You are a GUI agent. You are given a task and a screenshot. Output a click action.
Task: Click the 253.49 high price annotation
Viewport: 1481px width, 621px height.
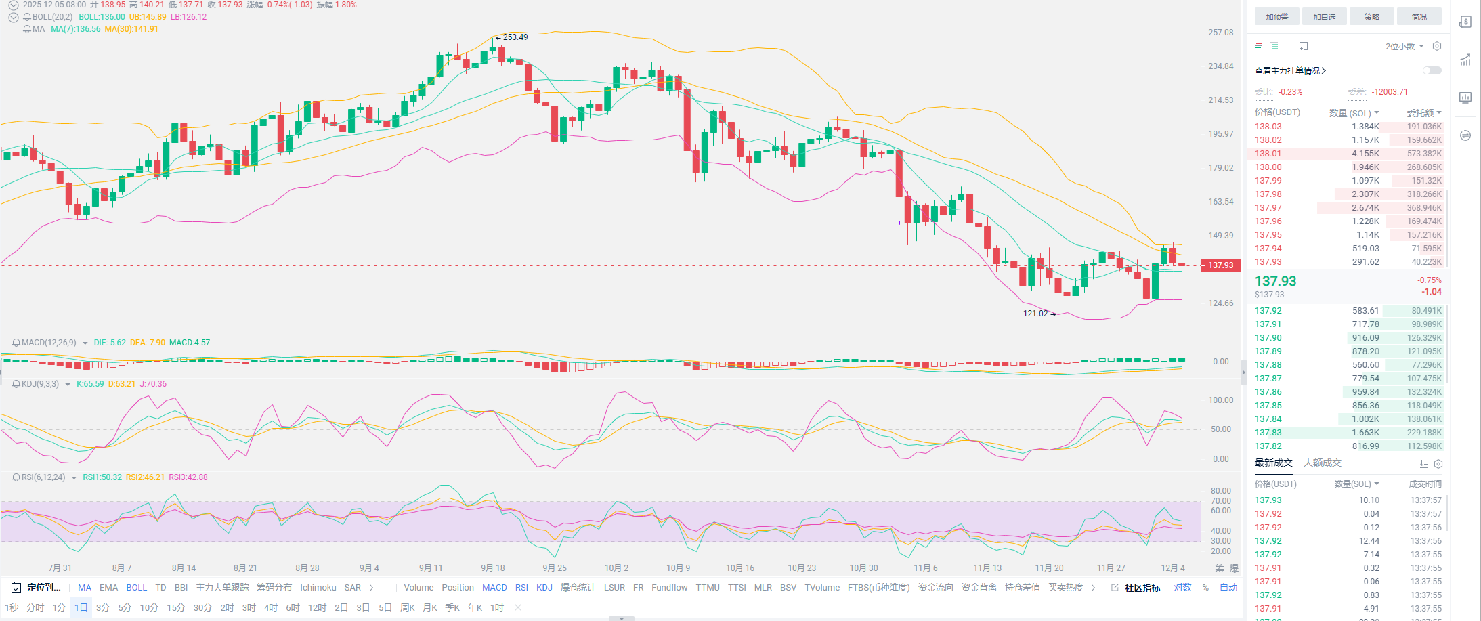515,37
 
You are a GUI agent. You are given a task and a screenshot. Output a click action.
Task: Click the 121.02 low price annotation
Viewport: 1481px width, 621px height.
1035,314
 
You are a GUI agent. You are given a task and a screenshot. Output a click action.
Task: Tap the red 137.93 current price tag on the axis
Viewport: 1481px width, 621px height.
1220,265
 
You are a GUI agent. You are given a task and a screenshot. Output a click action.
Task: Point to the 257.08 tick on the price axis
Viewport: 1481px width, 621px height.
1220,33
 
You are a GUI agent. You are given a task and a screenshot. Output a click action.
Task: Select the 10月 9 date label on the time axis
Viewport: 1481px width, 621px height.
678,568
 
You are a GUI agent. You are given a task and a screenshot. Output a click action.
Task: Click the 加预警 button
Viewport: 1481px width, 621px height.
1276,17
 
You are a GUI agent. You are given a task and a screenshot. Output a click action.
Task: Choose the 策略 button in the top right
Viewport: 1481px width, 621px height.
1371,17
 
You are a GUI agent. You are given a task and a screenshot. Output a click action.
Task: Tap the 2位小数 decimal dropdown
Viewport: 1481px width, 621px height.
1404,47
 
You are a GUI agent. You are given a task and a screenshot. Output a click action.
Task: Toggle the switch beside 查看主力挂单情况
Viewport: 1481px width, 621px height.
1432,70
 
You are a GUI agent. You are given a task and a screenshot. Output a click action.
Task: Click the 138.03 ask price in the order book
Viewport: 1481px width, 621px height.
1268,127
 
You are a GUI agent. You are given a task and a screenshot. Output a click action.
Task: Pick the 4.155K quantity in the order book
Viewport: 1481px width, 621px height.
1365,154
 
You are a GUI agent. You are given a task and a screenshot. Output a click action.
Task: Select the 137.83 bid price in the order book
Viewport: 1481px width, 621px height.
1268,433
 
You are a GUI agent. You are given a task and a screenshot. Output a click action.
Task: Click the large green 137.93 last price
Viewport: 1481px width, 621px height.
1275,281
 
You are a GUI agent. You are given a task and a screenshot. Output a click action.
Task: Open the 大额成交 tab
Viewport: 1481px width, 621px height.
1322,463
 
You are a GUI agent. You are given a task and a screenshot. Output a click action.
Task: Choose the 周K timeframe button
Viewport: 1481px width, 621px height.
407,607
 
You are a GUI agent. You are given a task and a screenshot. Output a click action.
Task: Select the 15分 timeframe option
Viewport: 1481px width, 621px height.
176,607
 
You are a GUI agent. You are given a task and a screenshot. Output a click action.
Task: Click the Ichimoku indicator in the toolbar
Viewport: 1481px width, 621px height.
318,588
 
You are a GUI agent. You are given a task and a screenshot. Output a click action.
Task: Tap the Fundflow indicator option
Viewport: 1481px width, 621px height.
669,588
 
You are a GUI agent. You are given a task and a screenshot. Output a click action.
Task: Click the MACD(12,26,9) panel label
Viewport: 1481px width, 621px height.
49,343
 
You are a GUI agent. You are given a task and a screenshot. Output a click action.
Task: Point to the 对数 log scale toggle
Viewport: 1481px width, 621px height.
1182,588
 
